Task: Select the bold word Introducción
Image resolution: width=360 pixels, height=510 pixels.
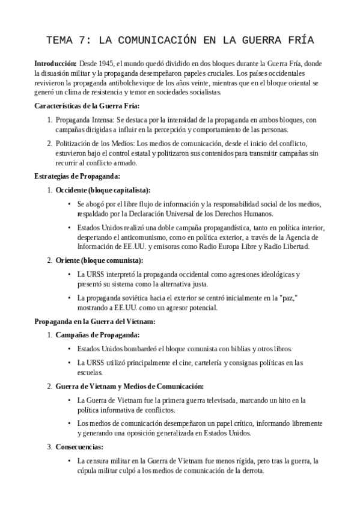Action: pyautogui.click(x=55, y=63)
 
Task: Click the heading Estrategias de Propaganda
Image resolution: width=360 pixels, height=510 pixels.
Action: pyautogui.click(x=78, y=176)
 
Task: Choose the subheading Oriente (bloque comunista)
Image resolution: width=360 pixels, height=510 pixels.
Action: pyautogui.click(x=99, y=260)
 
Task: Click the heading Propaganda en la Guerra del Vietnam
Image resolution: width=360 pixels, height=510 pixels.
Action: pyautogui.click(x=95, y=321)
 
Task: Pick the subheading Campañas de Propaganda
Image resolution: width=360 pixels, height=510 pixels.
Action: pyautogui.click(x=97, y=335)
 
